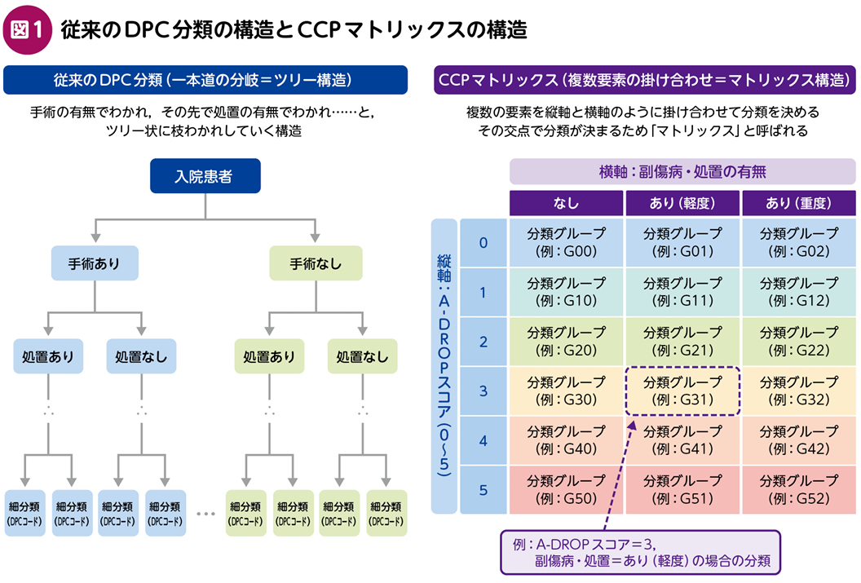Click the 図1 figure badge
(x=28, y=29)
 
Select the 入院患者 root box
(x=205, y=175)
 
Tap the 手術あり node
(x=95, y=263)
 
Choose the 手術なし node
(x=316, y=263)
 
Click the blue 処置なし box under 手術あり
(x=141, y=356)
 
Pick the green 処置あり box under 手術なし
(x=269, y=356)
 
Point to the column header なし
(x=566, y=203)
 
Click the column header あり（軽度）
(x=682, y=203)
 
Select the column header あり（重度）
(x=799, y=203)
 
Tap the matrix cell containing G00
(x=566, y=243)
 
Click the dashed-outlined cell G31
(x=682, y=391)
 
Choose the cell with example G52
(x=799, y=490)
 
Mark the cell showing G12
(x=799, y=292)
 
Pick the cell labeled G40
(x=566, y=440)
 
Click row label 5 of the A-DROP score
(x=483, y=490)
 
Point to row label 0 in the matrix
(x=483, y=243)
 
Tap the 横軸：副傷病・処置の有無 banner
(x=682, y=172)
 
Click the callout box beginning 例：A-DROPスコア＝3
(x=640, y=552)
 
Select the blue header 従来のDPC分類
(x=205, y=80)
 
